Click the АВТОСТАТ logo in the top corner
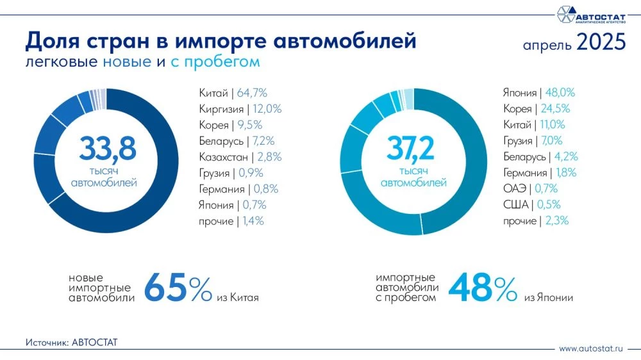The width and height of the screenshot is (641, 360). (589, 14)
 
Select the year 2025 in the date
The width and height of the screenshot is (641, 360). (600, 43)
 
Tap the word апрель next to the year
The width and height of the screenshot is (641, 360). (547, 45)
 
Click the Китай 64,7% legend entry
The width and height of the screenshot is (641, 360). (237, 93)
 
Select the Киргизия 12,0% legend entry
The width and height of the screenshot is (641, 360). (240, 109)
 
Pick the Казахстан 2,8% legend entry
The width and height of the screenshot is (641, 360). (240, 157)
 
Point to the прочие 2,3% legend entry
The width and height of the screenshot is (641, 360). (536, 220)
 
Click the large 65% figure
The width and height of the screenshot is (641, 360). (178, 288)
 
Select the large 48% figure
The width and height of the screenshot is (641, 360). (482, 288)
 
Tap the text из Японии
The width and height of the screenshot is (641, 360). (549, 298)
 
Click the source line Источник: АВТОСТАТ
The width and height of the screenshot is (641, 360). (72, 342)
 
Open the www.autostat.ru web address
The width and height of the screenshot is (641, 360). (591, 349)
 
